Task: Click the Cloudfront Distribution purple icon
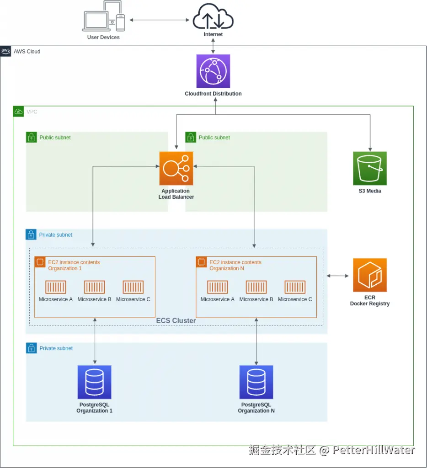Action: click(x=213, y=71)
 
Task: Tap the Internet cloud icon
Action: click(x=213, y=16)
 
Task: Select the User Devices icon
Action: click(x=104, y=16)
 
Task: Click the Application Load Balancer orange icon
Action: click(x=176, y=168)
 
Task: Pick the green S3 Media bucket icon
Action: click(x=370, y=168)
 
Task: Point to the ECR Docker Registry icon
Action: click(x=370, y=275)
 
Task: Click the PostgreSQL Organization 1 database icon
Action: click(x=95, y=382)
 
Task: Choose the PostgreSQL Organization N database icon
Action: click(x=256, y=382)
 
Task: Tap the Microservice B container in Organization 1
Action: click(x=95, y=287)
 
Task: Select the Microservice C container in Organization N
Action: click(x=295, y=287)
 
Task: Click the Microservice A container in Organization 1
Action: click(x=56, y=287)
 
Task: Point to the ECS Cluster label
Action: click(x=176, y=321)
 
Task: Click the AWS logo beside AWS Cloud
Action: click(x=6, y=51)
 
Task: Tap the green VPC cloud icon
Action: click(x=18, y=112)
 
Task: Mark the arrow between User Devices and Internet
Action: click(x=160, y=20)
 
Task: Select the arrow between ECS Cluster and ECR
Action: click(x=337, y=276)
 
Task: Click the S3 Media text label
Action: click(x=370, y=191)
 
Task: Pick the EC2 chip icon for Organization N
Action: click(x=201, y=262)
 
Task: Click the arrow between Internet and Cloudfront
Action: click(x=213, y=46)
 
